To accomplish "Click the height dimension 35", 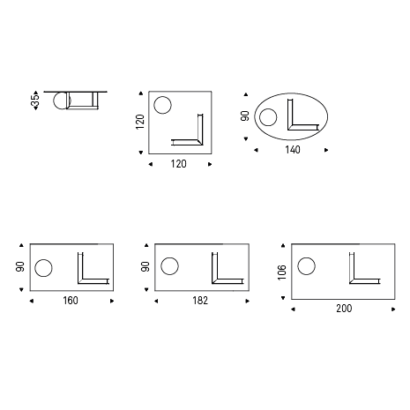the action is [x=35, y=101].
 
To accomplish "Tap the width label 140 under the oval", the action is [x=293, y=150].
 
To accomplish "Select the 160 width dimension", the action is [x=71, y=301].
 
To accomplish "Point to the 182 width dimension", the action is [x=200, y=301].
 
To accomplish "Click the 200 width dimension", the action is [x=344, y=309].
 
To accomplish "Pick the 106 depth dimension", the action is [x=281, y=272].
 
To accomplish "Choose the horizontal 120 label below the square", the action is [x=178, y=164].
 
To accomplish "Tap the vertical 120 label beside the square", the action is [x=140, y=122].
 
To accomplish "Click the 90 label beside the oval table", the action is [x=245, y=116].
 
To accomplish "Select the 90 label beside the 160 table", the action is [x=20, y=266].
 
